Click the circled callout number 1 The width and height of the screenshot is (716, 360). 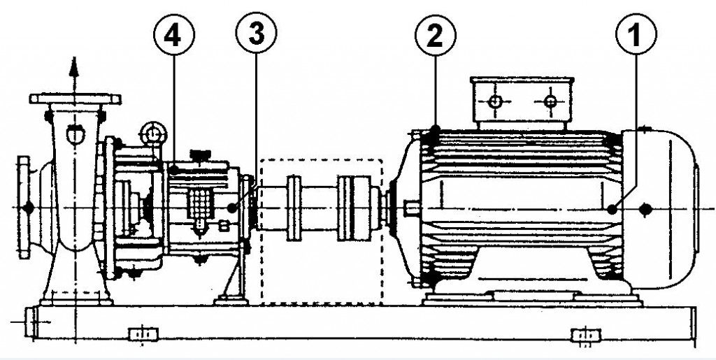[636, 34]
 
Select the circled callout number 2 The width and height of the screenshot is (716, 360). [435, 35]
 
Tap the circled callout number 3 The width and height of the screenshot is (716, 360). [256, 33]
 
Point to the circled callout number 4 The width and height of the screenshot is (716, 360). [174, 35]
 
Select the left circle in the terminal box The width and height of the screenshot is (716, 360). [495, 101]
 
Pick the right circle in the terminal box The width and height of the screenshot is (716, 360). [551, 101]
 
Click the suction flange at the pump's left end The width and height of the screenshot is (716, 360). [24, 208]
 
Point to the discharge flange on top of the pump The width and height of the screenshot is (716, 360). [76, 99]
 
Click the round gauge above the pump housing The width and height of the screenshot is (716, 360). [155, 134]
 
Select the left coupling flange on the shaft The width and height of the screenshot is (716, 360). [294, 208]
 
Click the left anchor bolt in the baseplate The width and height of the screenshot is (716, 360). [143, 334]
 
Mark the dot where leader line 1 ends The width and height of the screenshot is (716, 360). [612, 210]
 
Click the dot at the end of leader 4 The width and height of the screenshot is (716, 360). [174, 170]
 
